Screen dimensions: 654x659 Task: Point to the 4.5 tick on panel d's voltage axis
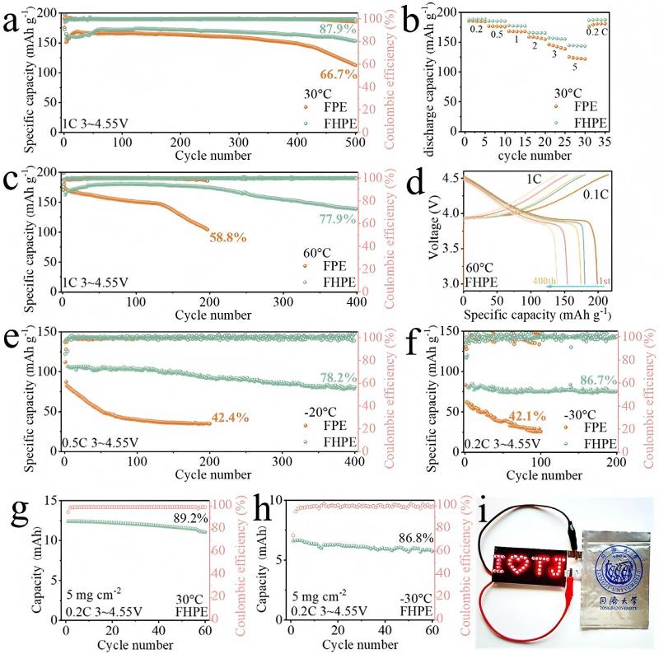[449, 178]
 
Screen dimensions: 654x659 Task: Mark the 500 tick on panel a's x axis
[357, 142]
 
